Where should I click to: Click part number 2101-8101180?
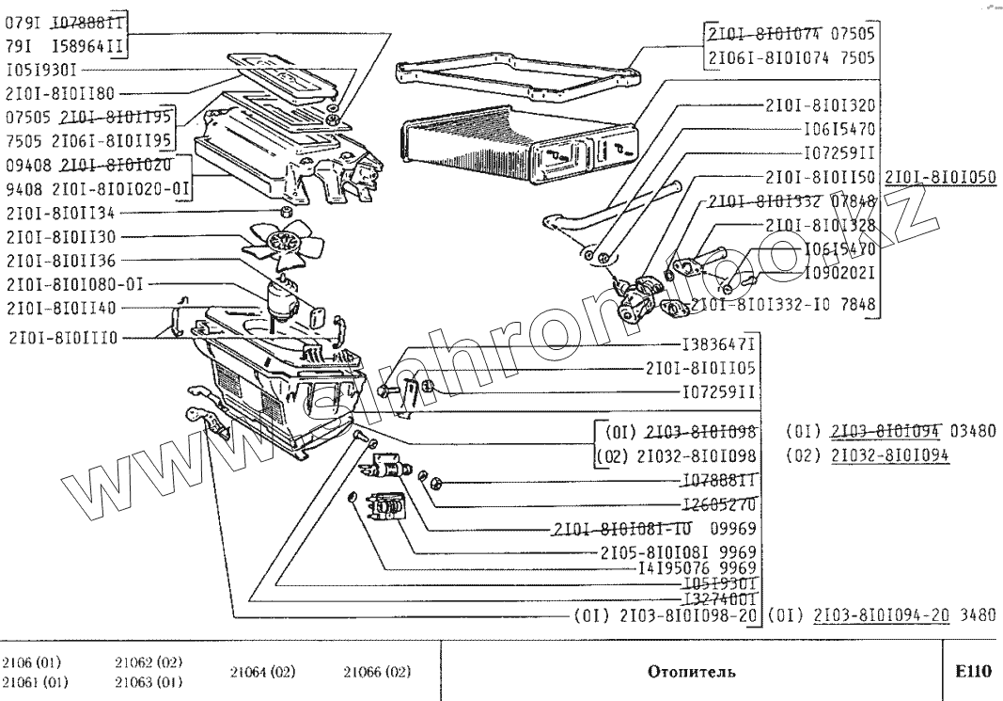click(58, 93)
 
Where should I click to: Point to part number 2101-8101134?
click(58, 212)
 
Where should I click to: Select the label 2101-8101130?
click(58, 236)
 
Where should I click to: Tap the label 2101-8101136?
click(58, 261)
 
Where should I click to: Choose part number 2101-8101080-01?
click(71, 284)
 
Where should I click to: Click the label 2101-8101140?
click(58, 309)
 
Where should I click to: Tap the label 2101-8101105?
click(700, 368)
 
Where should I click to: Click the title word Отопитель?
click(692, 673)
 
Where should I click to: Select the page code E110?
click(972, 672)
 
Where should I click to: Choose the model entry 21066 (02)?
click(377, 673)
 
